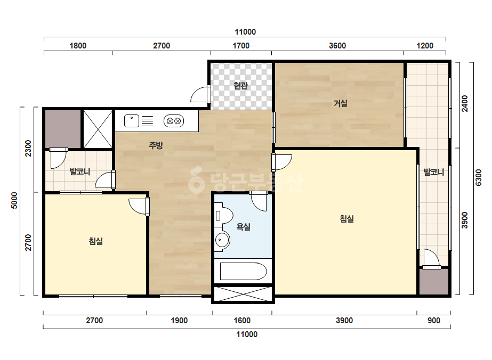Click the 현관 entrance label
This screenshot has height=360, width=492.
click(x=240, y=86)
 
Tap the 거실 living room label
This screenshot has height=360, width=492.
click(x=340, y=103)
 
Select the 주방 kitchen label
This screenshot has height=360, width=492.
click(x=156, y=145)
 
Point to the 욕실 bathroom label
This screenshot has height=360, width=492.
click(x=244, y=227)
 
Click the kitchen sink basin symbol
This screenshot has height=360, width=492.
click(x=132, y=121)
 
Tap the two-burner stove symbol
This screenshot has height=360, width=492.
click(x=174, y=121)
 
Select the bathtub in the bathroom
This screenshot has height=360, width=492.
click(x=243, y=272)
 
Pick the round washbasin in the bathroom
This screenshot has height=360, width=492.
click(x=222, y=241)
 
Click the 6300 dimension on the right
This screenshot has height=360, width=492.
click(x=478, y=178)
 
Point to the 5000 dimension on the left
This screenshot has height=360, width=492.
click(x=14, y=201)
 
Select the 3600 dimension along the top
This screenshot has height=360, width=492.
click(x=337, y=46)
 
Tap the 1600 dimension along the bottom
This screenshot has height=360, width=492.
click(x=242, y=321)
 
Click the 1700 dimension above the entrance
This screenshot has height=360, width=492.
click(x=240, y=46)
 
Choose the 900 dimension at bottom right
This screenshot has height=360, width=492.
click(x=434, y=321)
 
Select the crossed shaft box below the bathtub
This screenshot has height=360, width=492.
click(x=243, y=293)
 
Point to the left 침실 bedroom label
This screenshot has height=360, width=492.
click(x=96, y=241)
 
